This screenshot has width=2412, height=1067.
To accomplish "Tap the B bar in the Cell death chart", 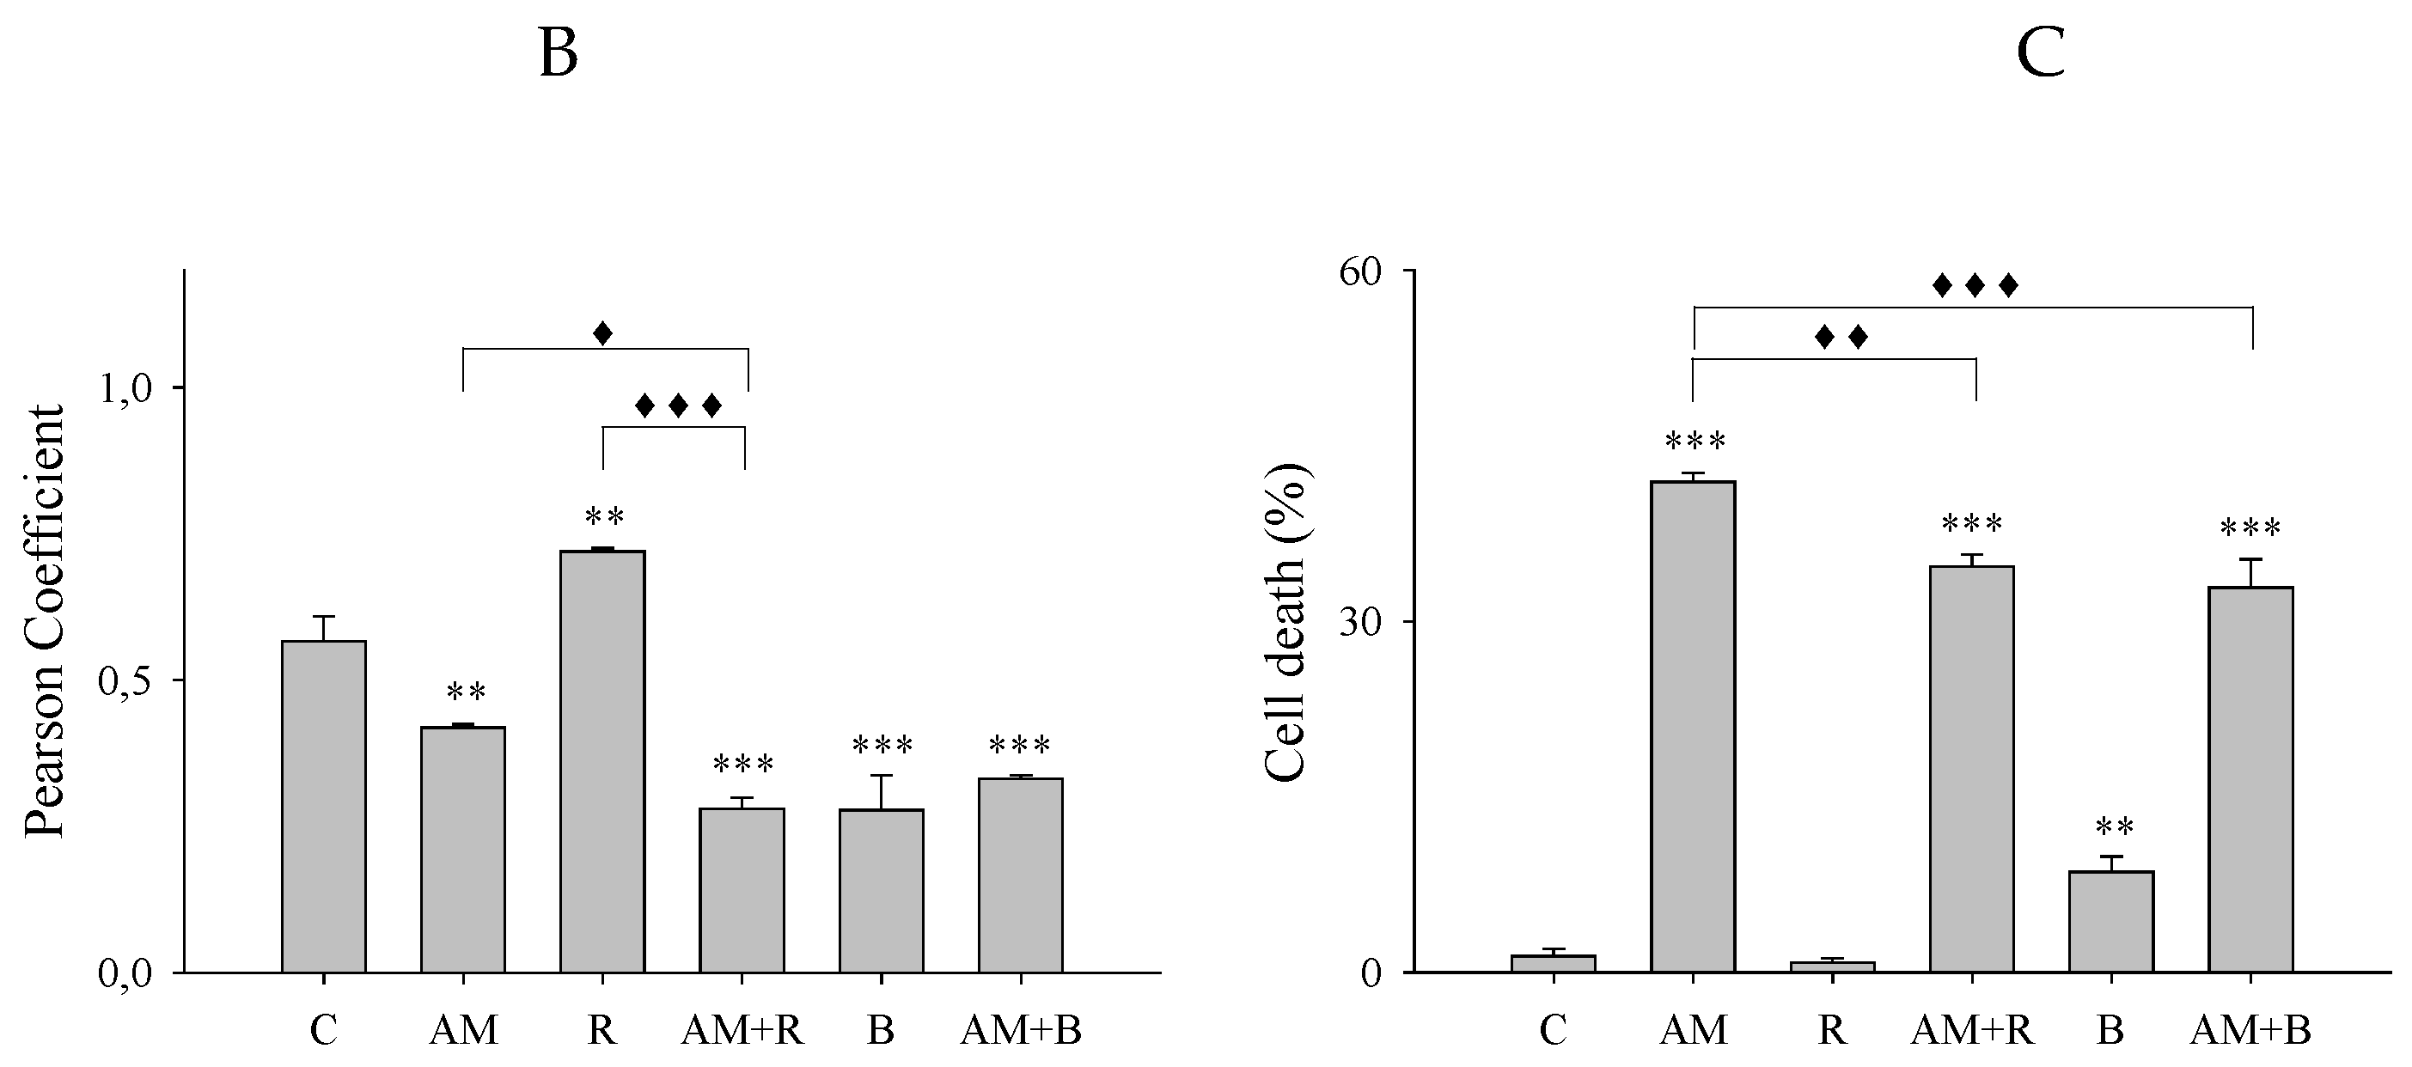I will (x=2111, y=921).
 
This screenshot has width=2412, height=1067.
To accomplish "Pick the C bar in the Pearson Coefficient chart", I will (x=324, y=806).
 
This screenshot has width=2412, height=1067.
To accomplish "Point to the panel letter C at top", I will (x=2040, y=54).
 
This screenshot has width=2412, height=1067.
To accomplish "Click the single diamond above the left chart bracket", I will (x=603, y=332).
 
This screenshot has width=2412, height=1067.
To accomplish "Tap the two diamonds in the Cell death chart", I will (x=1841, y=337).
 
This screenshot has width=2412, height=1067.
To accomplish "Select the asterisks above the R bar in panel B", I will (x=604, y=516).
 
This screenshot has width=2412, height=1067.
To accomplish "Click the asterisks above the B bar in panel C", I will (x=2114, y=827).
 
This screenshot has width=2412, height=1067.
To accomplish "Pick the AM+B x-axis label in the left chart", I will (x=1021, y=1032).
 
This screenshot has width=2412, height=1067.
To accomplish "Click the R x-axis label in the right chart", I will (x=1832, y=1032).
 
